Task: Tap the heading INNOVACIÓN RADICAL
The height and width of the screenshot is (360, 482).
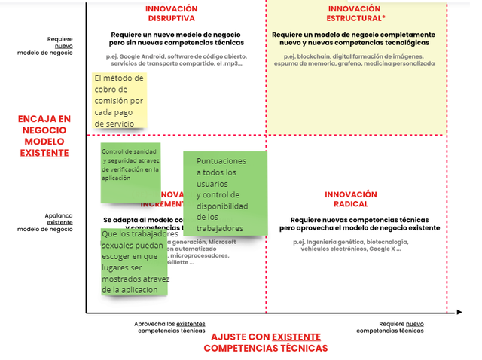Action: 351,199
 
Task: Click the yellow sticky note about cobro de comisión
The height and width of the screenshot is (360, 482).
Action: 119,100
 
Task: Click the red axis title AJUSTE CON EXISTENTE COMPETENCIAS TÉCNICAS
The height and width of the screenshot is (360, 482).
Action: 265,343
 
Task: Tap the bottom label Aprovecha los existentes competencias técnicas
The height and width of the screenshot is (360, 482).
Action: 169,326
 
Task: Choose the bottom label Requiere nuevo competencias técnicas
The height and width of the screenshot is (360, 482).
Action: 390,326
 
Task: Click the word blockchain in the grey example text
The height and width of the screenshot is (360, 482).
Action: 313,56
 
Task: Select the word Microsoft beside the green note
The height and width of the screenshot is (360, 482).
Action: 222,242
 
